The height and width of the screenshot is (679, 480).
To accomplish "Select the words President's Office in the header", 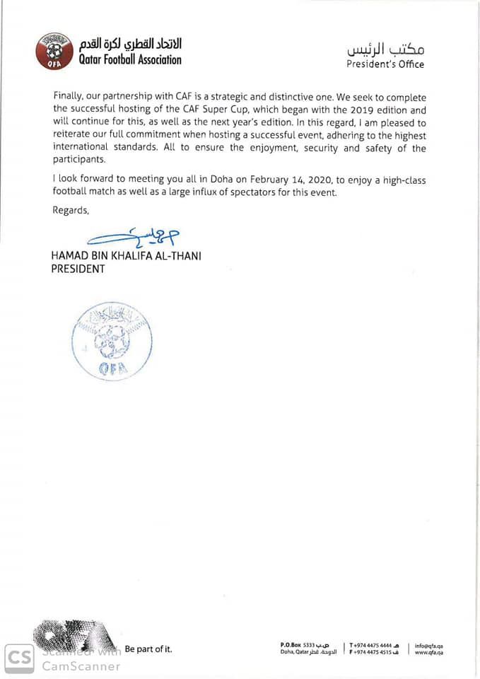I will point(385,64).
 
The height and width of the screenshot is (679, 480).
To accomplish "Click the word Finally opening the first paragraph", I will point(69,97).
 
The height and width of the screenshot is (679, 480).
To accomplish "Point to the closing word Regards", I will point(71,210).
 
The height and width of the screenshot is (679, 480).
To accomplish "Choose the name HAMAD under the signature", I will point(68,256).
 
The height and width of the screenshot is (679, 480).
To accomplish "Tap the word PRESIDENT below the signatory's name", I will point(78,269).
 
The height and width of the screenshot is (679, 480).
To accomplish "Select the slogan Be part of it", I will point(148,649).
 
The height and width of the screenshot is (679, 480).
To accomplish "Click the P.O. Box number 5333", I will point(308,644).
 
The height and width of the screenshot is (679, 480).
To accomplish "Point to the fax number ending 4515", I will point(374,652).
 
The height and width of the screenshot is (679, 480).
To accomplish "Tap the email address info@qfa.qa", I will point(429,645).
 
